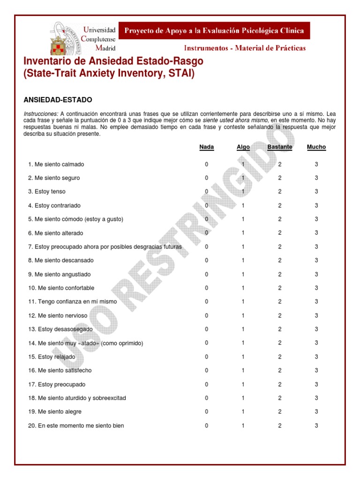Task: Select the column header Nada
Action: (206, 147)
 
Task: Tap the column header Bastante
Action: (279, 147)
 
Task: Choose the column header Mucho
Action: (316, 147)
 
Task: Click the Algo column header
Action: (243, 147)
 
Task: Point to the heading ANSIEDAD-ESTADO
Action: (58, 100)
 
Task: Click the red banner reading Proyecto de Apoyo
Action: (214, 31)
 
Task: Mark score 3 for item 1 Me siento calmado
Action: (316, 165)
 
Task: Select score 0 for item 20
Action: (206, 426)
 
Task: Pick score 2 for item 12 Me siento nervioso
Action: (280, 315)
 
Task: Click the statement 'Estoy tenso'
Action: (50, 192)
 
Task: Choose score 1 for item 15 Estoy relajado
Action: (243, 357)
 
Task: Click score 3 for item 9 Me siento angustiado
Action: (316, 274)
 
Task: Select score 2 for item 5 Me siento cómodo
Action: (280, 219)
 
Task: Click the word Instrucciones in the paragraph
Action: (41, 114)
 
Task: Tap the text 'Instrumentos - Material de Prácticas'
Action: (245, 48)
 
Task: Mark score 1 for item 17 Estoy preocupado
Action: (243, 384)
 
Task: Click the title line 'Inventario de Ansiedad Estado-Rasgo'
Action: (113, 62)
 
